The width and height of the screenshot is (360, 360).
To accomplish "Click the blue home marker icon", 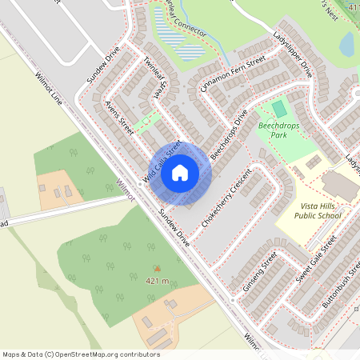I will click(180, 172).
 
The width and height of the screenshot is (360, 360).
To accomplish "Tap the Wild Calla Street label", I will click(162, 162).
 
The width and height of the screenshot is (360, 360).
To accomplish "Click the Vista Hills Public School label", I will click(318, 210).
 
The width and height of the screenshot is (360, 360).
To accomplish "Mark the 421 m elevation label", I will click(157, 282).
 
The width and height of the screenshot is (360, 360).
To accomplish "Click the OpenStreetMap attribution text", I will click(80, 354).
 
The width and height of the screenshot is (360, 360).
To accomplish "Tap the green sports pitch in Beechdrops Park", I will click(278, 108).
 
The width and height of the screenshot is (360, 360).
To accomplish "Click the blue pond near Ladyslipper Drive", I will click(347, 45).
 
